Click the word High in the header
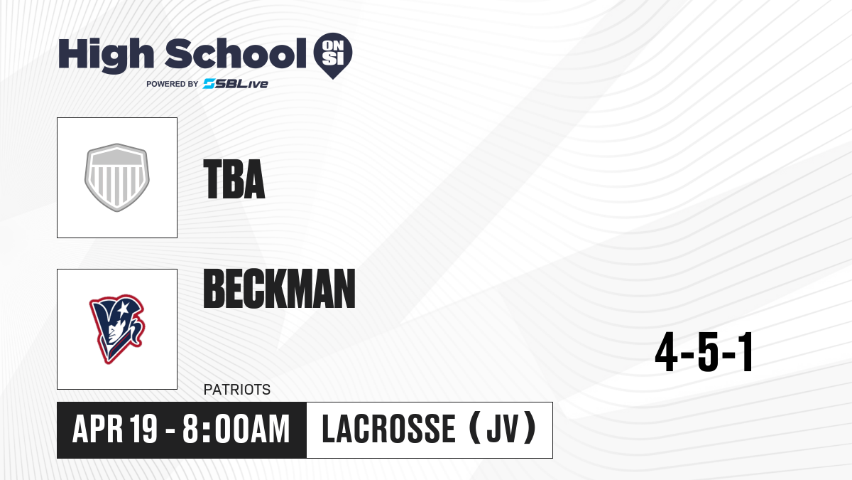[106, 55]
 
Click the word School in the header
[236, 54]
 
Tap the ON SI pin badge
[333, 55]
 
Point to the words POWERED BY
[173, 84]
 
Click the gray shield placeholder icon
[117, 178]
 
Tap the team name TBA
[234, 179]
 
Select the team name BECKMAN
[279, 288]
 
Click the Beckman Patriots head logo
[117, 329]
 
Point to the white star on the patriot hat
[122, 308]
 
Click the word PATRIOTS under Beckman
[237, 390]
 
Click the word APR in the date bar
[98, 429]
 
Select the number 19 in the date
[143, 429]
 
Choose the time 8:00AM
[236, 429]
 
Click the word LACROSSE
[389, 429]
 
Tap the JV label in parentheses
[503, 429]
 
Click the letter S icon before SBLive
[209, 84]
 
